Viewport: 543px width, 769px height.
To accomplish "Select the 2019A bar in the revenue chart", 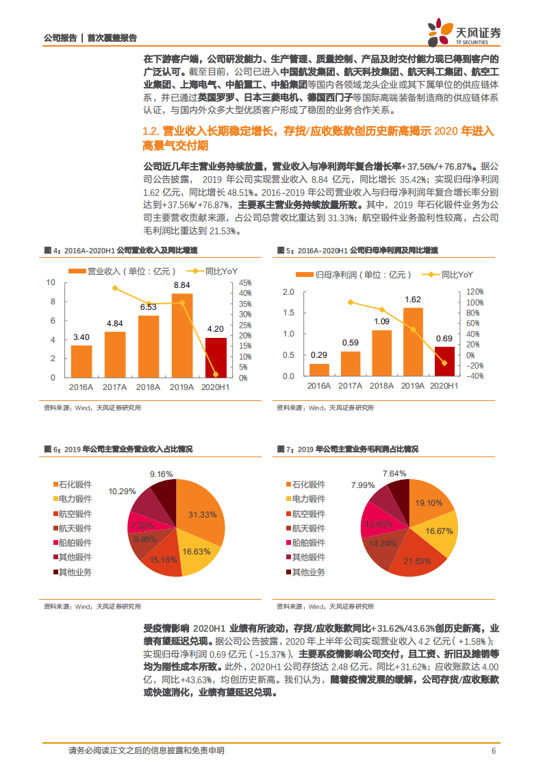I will [181, 336].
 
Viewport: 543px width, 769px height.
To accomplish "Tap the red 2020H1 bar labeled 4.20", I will [216, 357].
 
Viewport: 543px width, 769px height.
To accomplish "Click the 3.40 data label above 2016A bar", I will [81, 337].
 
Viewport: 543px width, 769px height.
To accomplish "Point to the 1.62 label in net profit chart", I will [413, 299].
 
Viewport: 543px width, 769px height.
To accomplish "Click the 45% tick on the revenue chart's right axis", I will [245, 282].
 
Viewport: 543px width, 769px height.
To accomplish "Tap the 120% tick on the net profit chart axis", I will [475, 292].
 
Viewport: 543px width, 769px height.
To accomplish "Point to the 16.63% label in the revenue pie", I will [197, 551].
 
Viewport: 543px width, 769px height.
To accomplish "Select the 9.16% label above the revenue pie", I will [162, 474].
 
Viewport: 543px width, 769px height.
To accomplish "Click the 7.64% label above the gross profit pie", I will [394, 473].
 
